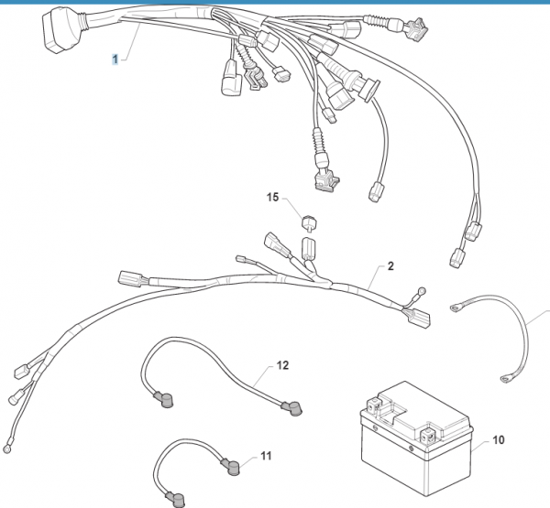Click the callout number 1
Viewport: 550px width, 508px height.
[115, 59]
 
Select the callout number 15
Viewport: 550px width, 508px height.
[272, 197]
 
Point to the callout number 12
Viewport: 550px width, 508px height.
[282, 364]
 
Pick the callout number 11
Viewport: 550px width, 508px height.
[266, 455]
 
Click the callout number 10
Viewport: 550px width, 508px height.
[499, 440]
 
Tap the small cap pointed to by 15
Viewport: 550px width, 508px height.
[309, 220]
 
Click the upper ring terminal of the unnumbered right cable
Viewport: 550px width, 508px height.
[455, 307]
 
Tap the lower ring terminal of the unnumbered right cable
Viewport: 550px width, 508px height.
[503, 376]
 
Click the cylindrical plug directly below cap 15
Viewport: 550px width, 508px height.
[309, 247]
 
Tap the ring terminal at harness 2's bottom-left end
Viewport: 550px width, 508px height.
[7, 448]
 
